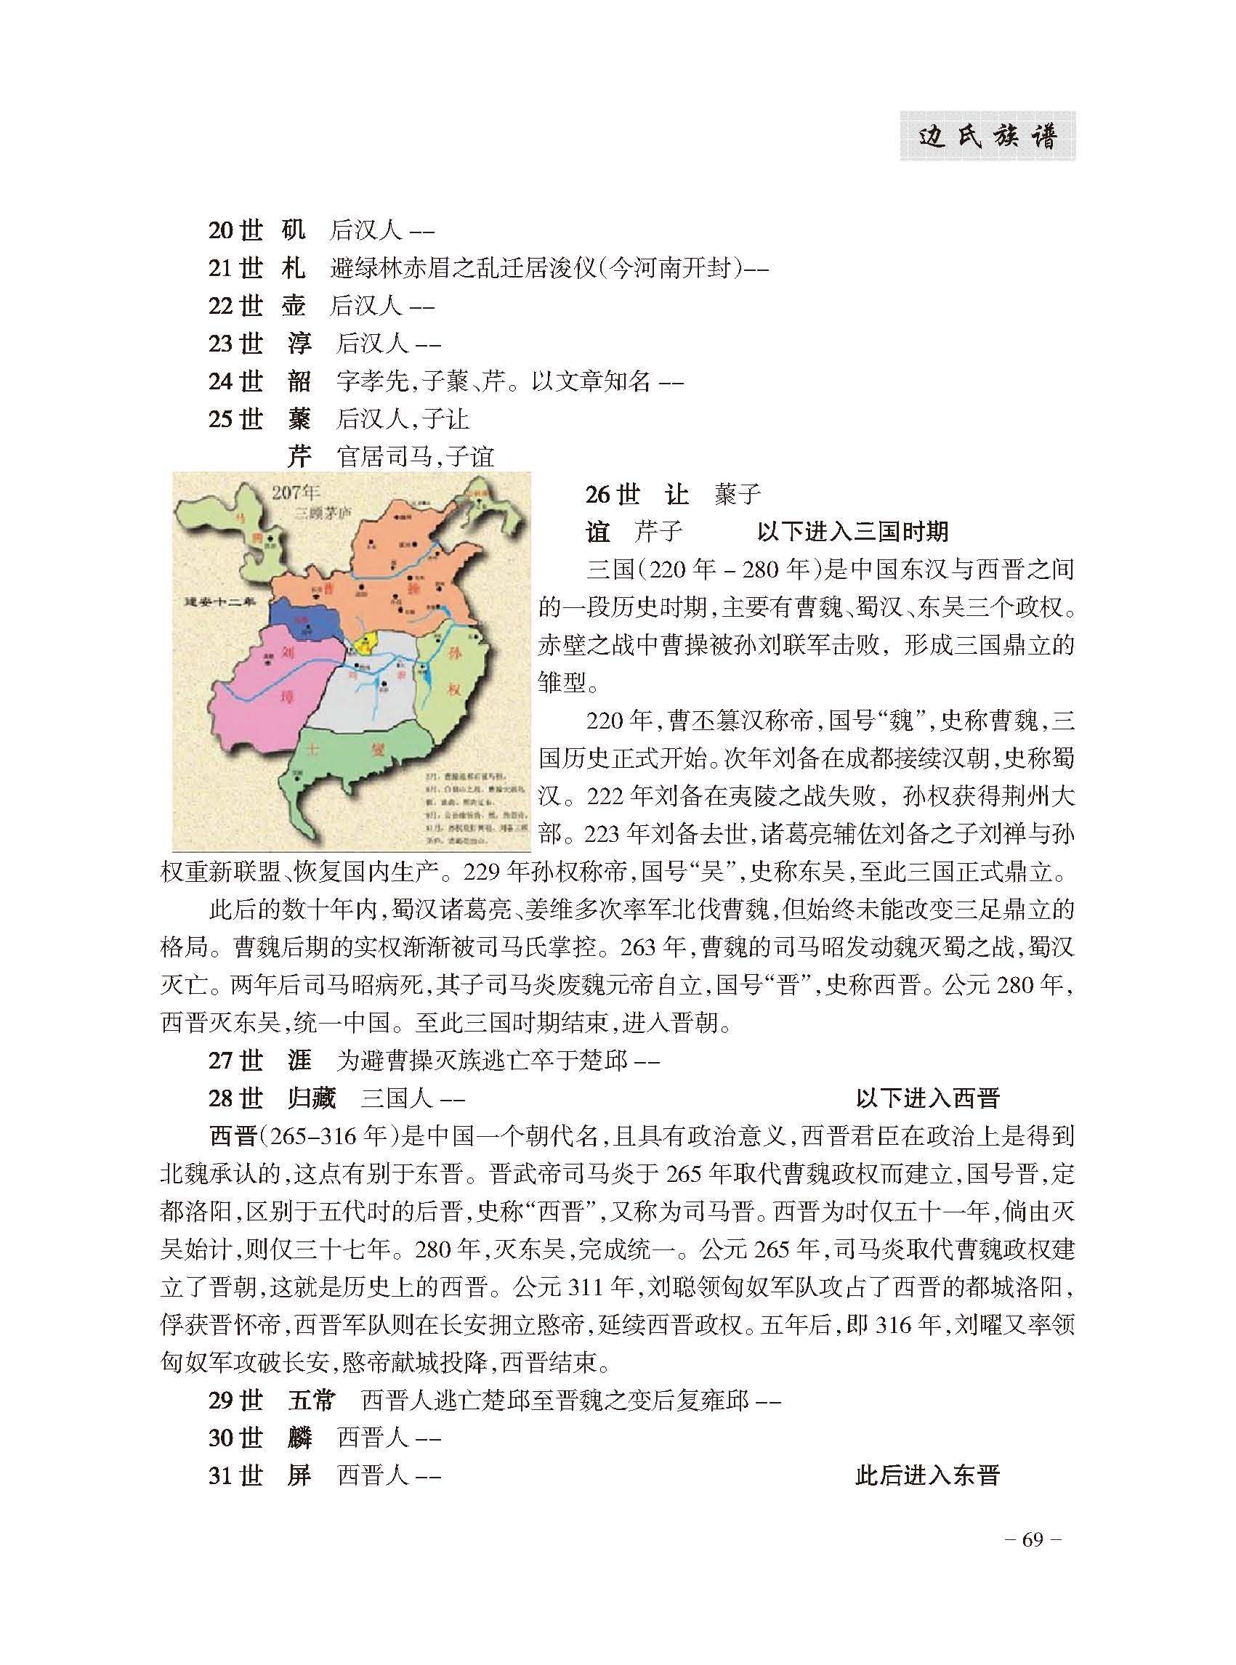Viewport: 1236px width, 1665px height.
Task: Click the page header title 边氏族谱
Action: pos(987,137)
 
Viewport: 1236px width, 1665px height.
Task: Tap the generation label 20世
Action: pos(235,230)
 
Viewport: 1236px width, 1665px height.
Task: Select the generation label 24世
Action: pos(235,381)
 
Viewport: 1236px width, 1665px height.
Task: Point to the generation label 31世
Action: pos(235,1475)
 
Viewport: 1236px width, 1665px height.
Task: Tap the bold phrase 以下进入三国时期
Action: pos(852,532)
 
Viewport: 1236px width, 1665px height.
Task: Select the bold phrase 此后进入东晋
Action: pos(928,1475)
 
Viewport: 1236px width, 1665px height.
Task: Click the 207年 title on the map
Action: pos(296,493)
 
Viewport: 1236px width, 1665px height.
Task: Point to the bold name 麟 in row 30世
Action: pos(299,1438)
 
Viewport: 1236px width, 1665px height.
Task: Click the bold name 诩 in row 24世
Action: pos(299,381)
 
